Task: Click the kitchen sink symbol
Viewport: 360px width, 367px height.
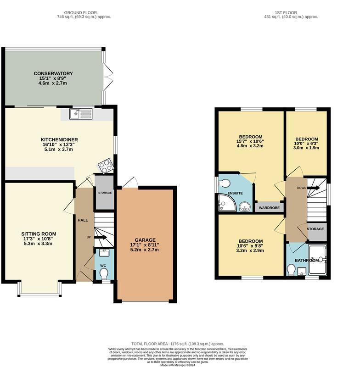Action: point(81,114)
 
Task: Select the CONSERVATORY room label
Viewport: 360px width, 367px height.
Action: point(53,73)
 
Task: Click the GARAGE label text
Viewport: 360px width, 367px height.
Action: point(145,240)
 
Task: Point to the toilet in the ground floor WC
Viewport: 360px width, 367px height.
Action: point(104,273)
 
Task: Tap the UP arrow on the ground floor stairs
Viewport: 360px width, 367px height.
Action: point(101,237)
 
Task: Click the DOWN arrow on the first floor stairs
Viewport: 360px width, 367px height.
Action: point(314,187)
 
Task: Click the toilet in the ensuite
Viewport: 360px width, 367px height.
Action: point(225,183)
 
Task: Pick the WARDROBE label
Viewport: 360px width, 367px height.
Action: point(270,208)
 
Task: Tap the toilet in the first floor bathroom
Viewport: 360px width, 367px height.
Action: point(291,269)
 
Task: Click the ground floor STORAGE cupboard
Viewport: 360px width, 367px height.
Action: point(105,193)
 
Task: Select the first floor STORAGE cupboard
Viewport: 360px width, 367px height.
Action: point(315,229)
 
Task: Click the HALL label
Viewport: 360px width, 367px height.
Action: point(83,221)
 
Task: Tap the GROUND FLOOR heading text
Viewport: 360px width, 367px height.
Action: point(84,12)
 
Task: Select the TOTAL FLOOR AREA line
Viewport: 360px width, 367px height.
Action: point(177,344)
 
